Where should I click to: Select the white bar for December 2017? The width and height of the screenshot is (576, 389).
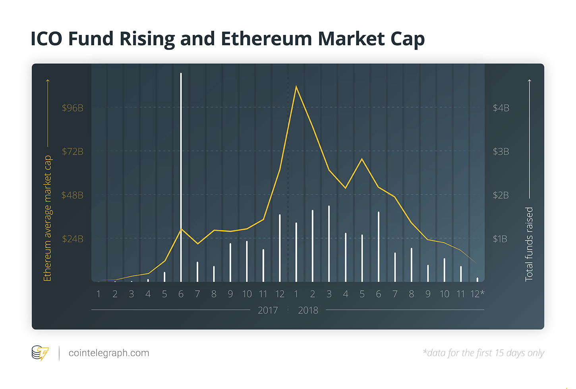click(x=280, y=248)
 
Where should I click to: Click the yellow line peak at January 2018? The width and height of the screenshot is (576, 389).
click(x=296, y=87)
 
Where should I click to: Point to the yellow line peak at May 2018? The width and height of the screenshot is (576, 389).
click(x=362, y=159)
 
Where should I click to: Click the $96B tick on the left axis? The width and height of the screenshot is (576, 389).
click(x=72, y=108)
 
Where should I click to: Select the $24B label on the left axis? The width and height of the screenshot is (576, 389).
click(x=72, y=239)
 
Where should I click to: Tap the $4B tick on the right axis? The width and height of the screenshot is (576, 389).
click(x=501, y=108)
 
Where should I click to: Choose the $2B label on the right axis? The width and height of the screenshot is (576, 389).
click(x=501, y=195)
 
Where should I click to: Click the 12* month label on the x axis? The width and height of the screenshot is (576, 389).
click(x=477, y=294)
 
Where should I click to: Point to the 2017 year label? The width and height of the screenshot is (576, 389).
click(x=268, y=310)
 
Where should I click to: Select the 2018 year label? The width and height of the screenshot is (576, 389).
click(x=308, y=310)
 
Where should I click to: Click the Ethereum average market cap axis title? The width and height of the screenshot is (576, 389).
click(x=47, y=218)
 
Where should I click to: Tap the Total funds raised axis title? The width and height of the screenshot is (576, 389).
click(x=529, y=244)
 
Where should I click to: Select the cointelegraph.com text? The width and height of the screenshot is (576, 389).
click(x=109, y=353)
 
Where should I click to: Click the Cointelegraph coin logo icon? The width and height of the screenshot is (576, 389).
click(x=40, y=352)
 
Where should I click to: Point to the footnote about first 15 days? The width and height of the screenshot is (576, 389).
click(x=483, y=353)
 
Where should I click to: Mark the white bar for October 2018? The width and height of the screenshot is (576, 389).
click(x=445, y=270)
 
